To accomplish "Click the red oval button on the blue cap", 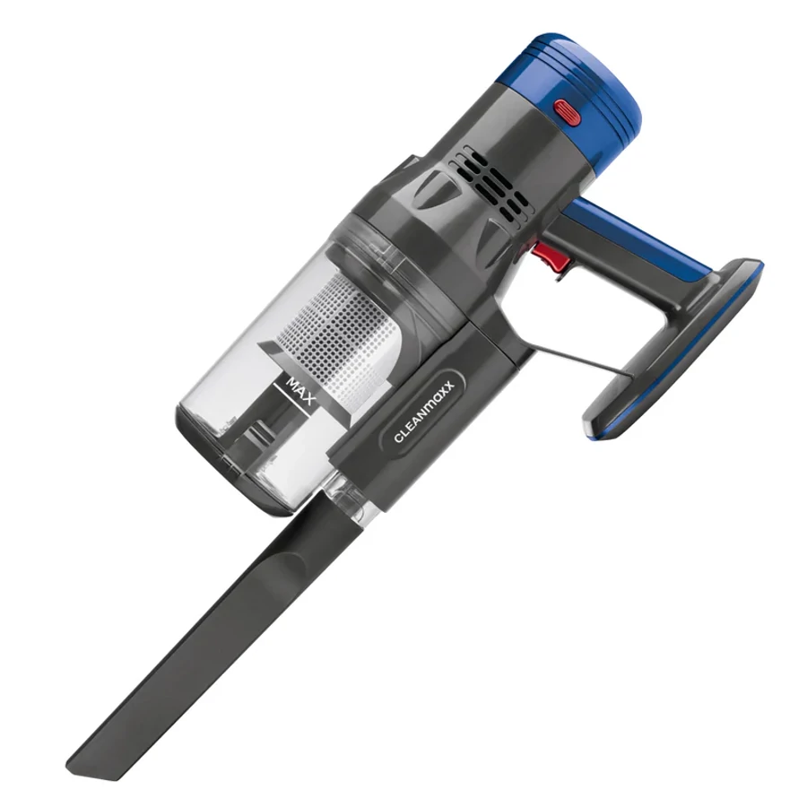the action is [568, 111].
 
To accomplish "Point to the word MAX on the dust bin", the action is [301, 391].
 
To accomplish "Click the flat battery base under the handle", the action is [674, 350].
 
